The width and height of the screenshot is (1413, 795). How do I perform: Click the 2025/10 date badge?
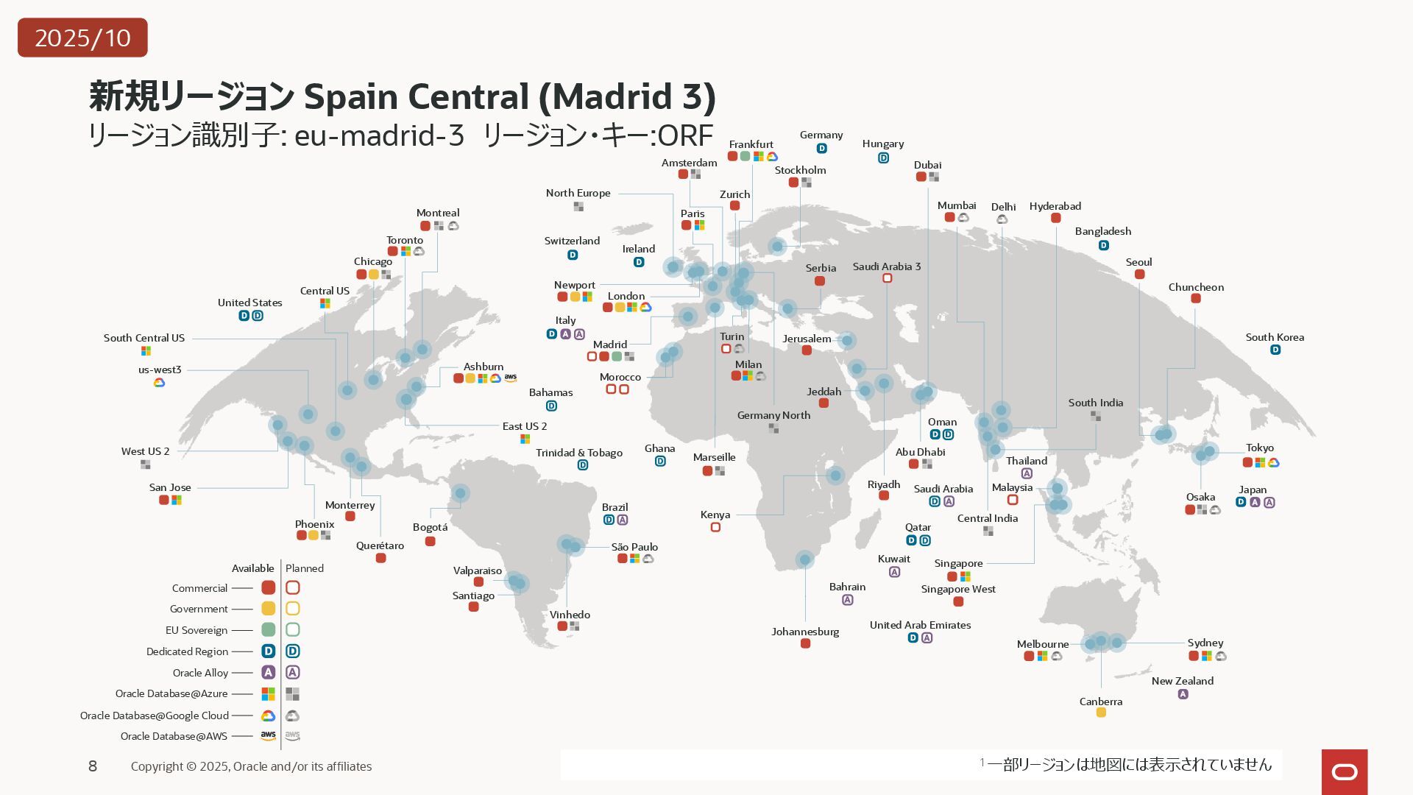point(82,38)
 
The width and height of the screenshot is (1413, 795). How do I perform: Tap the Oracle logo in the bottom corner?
point(1345,771)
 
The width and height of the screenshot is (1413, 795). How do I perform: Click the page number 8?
point(93,766)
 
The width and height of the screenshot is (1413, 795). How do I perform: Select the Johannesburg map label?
point(805,632)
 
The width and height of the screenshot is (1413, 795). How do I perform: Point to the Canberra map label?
point(1100,702)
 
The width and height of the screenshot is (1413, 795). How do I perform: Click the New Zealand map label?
point(1182,681)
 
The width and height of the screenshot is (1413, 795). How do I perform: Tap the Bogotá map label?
point(430,527)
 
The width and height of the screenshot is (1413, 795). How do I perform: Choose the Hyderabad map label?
point(1055,206)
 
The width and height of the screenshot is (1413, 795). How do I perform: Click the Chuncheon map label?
point(1196,287)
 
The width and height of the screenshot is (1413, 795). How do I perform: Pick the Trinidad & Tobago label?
point(578,453)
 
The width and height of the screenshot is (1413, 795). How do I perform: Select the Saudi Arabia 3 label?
point(886,266)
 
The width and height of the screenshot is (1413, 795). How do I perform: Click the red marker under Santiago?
point(473,607)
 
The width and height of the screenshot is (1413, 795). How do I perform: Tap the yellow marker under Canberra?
point(1101,713)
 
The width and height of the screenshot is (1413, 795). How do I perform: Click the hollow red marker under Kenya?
point(715,527)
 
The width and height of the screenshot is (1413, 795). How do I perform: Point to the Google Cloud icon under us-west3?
point(159,383)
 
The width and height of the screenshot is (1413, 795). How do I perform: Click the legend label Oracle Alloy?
point(200,673)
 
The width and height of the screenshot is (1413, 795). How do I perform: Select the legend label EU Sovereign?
point(196,630)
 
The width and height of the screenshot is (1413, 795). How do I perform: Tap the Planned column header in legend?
point(304,568)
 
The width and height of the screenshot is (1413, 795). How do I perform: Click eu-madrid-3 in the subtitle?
point(379,135)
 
